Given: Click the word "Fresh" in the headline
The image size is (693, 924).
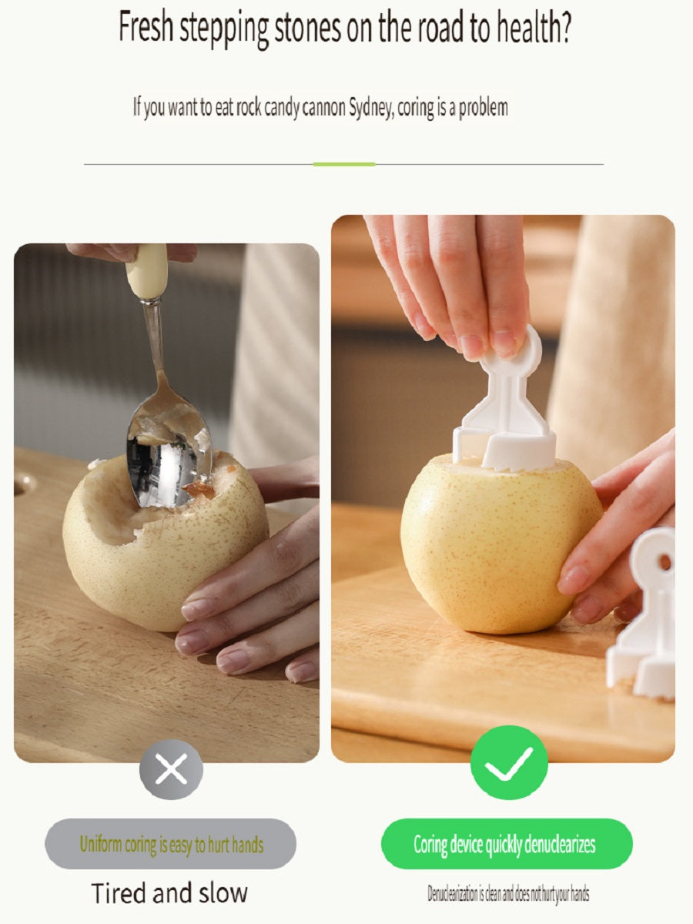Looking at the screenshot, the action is tap(146, 26).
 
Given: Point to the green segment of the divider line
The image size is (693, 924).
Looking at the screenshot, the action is tap(343, 164).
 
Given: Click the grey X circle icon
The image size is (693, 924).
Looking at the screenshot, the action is tap(171, 769).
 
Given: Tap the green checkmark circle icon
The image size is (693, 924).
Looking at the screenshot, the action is tap(509, 762).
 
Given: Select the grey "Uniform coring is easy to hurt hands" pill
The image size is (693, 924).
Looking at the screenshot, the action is tap(170, 843).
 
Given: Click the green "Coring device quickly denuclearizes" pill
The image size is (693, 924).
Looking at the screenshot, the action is tap(507, 843).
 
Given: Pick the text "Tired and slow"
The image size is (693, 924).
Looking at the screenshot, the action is tap(169, 892).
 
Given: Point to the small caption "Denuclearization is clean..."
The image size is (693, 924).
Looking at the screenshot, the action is tap(508, 893).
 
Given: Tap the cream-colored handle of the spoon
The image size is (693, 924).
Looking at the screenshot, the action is tap(147, 272).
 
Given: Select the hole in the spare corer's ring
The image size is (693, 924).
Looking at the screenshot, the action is tap(665, 561).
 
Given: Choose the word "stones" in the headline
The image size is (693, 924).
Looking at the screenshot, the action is tap(307, 28).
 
